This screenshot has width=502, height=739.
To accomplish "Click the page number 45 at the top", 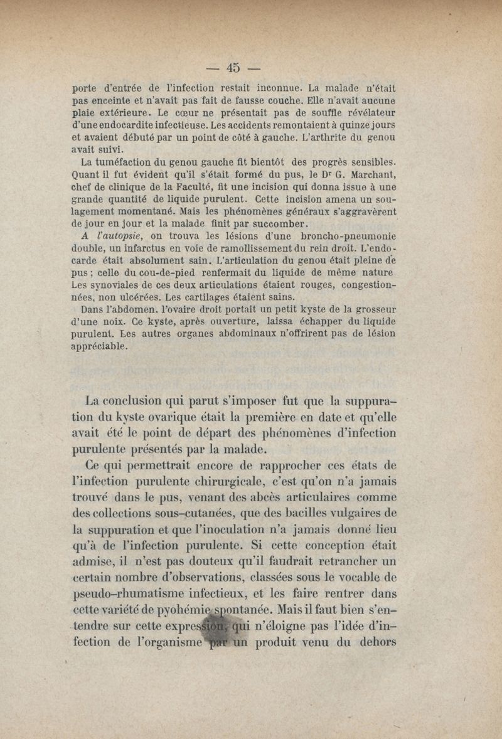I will [233, 66].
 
